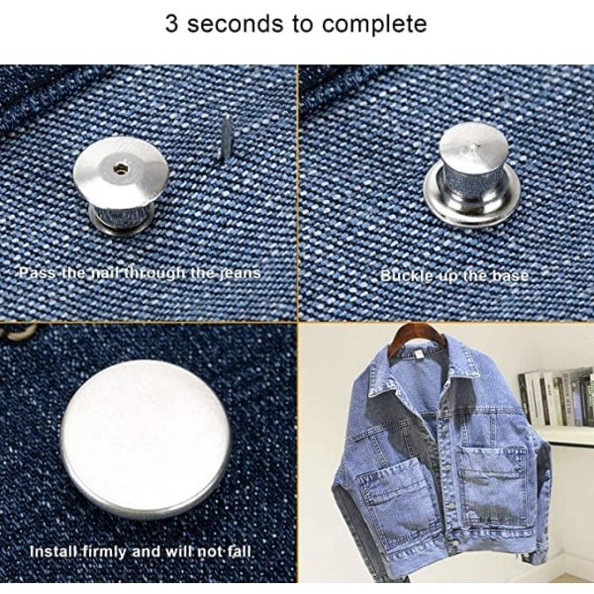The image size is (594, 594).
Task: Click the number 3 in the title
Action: [171, 24]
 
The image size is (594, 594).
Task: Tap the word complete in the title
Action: [374, 25]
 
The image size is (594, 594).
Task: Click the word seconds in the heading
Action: [235, 24]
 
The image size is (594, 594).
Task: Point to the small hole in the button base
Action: [121, 168]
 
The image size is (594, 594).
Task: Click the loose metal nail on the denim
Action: [226, 137]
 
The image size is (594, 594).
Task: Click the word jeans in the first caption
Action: [244, 273]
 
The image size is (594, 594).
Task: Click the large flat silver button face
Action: [146, 439]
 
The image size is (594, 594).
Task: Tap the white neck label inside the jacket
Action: [418, 354]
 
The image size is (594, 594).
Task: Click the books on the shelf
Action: [555, 396]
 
